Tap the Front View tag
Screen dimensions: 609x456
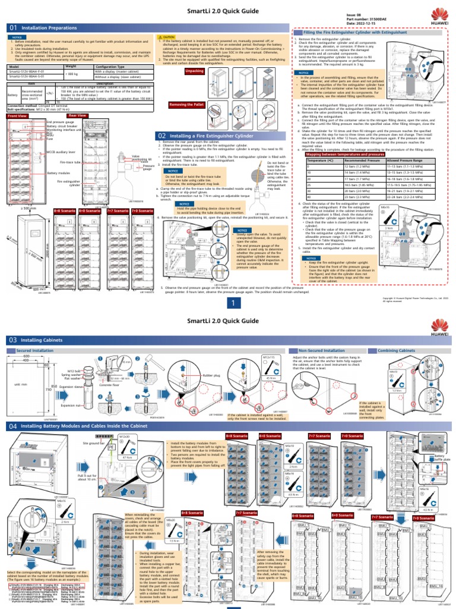17,116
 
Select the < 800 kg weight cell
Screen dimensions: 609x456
71,74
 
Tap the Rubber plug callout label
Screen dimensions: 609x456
211,375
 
